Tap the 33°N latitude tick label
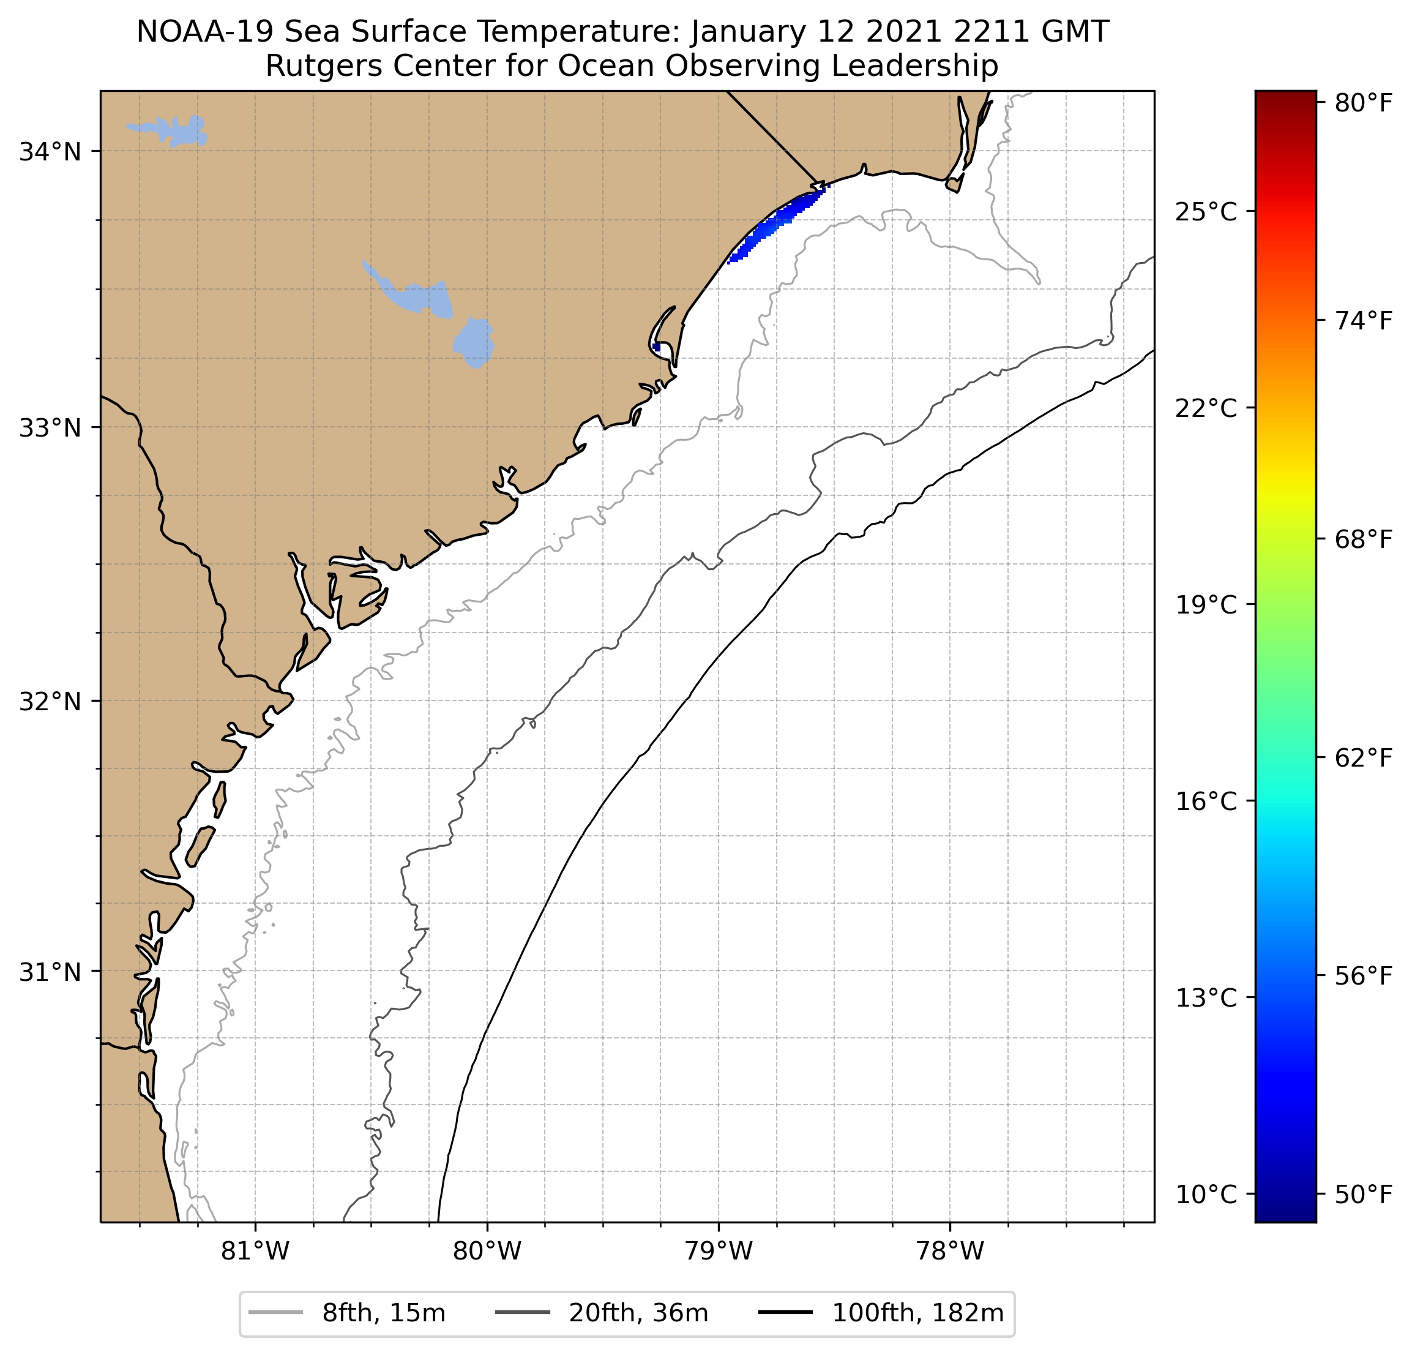[x=50, y=427]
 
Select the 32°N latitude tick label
[x=50, y=700]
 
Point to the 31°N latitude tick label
[x=50, y=972]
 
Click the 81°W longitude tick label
[x=255, y=1251]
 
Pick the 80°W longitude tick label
[x=487, y=1251]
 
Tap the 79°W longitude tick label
[x=719, y=1251]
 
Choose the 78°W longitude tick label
[x=949, y=1251]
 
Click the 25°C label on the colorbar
[x=1206, y=212]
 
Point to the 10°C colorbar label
[x=1206, y=1195]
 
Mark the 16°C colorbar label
[x=1206, y=801]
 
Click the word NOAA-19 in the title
[x=193, y=32]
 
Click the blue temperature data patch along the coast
[x=774, y=225]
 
